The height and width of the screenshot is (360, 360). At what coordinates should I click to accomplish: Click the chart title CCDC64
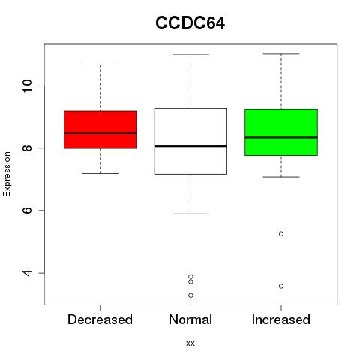point(190,23)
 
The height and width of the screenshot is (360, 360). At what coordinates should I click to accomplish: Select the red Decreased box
point(100,130)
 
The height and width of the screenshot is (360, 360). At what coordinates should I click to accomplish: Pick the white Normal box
point(190,141)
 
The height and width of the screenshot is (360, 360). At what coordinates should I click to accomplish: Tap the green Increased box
point(281,132)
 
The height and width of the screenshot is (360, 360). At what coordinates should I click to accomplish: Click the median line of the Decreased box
point(100,133)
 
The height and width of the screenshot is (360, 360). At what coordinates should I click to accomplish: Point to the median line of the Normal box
point(190,146)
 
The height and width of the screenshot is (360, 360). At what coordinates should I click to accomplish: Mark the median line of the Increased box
point(281,137)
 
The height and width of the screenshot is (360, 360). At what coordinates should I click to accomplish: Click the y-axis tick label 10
point(27,86)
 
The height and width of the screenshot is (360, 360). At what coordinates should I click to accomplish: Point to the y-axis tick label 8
point(27,148)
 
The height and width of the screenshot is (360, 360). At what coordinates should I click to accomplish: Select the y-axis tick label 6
point(27,211)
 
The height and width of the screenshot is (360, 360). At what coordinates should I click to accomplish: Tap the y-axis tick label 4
point(27,273)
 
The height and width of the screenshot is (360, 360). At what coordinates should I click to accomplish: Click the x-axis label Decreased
point(100,319)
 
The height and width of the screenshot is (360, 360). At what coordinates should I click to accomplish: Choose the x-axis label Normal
point(190,319)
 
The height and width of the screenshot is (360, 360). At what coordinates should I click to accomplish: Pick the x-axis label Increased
point(281,319)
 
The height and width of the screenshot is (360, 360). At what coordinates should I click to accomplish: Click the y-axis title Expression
point(7,174)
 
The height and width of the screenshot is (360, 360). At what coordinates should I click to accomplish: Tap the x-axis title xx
point(190,343)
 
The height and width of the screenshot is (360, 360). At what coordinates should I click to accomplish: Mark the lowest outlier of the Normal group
point(190,295)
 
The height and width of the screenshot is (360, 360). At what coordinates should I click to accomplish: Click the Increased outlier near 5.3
point(281,234)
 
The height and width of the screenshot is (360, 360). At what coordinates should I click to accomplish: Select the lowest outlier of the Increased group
point(281,286)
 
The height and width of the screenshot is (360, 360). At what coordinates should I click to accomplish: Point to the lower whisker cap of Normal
point(190,214)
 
